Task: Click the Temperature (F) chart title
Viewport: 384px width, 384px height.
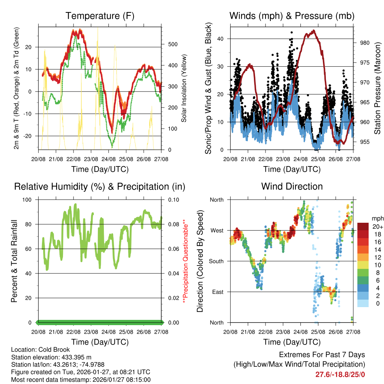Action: point(100,16)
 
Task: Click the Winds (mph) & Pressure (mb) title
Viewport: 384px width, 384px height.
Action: point(292,16)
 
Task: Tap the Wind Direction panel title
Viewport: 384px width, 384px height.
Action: point(292,186)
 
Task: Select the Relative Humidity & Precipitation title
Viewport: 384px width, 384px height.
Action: point(100,186)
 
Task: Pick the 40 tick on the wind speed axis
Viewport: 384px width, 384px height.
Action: point(221,39)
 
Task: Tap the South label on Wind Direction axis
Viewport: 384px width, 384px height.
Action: point(216,261)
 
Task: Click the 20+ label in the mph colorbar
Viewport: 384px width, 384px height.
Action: point(377,226)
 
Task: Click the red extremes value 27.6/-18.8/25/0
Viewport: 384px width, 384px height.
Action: point(340,374)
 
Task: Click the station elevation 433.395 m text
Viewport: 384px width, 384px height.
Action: point(51,357)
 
